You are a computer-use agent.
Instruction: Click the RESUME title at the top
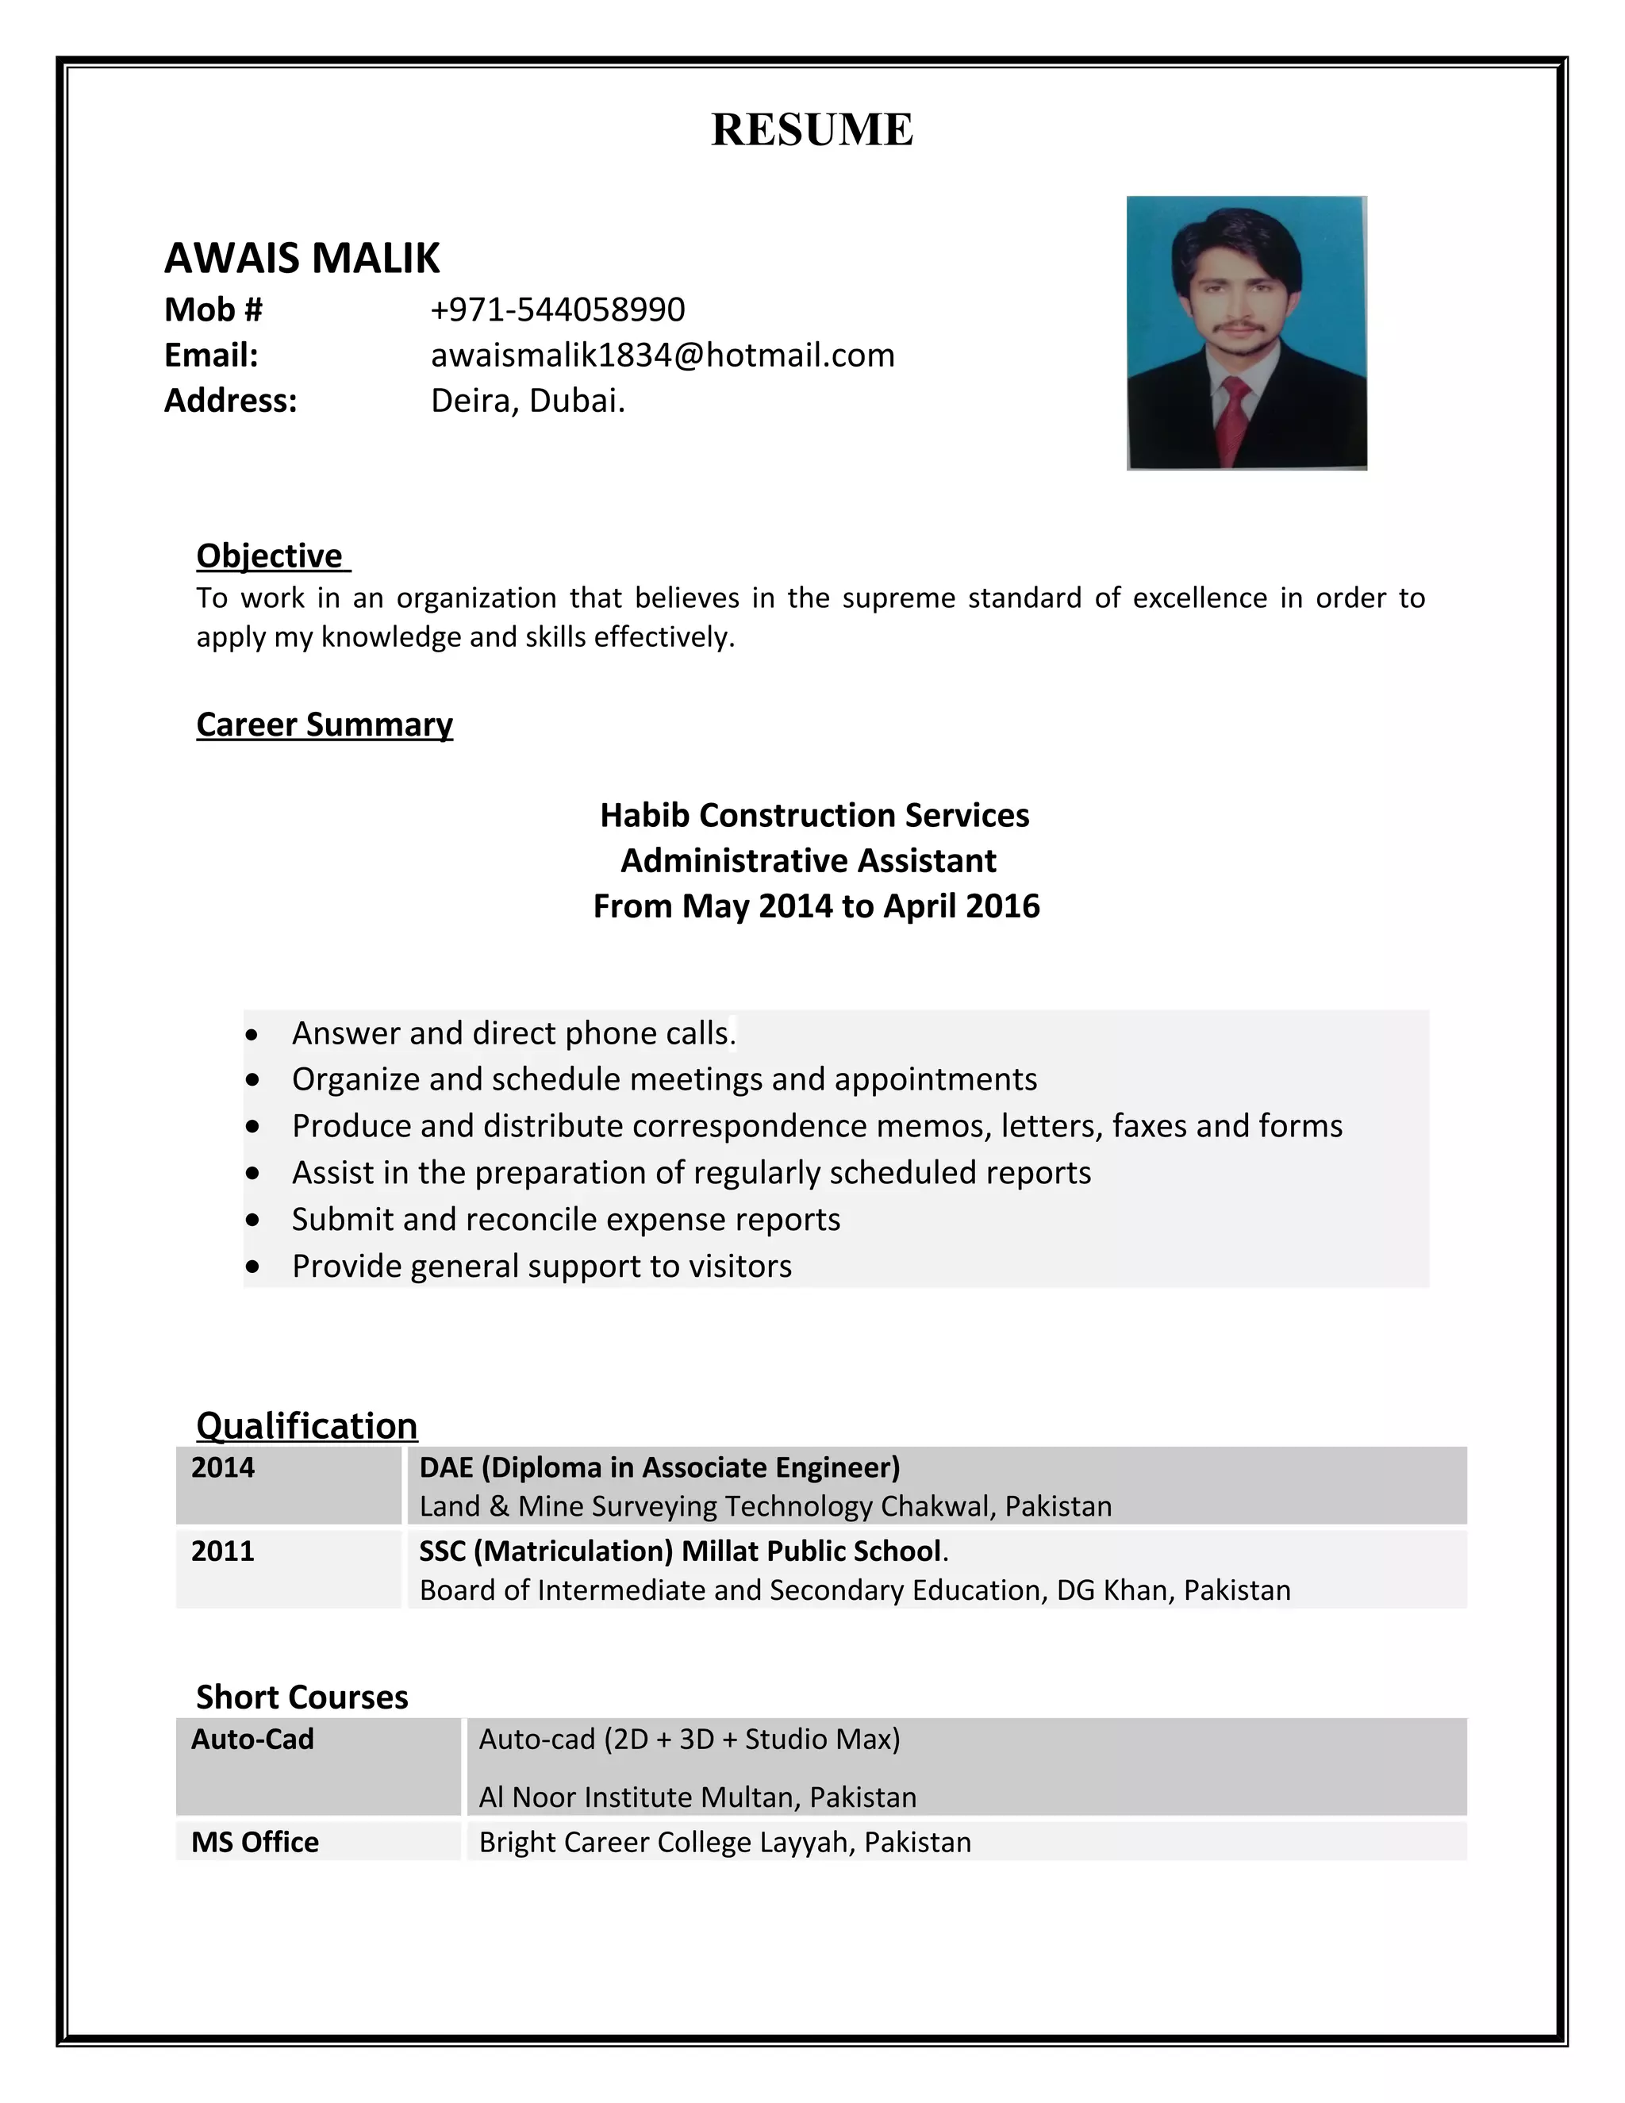coord(812,130)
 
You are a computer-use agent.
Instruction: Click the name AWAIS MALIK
coord(302,258)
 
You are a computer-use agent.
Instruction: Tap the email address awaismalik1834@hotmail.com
coord(663,356)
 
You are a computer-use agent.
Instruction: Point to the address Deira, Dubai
coord(528,401)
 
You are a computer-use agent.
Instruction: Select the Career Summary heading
coord(325,724)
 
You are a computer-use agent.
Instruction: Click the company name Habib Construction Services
coord(814,816)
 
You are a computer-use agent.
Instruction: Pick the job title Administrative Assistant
coord(809,861)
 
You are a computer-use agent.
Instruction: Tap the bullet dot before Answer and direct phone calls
coord(252,1035)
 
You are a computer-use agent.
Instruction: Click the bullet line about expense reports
coord(566,1219)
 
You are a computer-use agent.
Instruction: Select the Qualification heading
coord(306,1425)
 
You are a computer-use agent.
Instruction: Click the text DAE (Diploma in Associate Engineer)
coord(659,1467)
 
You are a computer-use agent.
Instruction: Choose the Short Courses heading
coord(302,1697)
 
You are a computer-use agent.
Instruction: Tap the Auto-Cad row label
coord(252,1739)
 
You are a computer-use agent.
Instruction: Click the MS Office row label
coord(255,1842)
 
